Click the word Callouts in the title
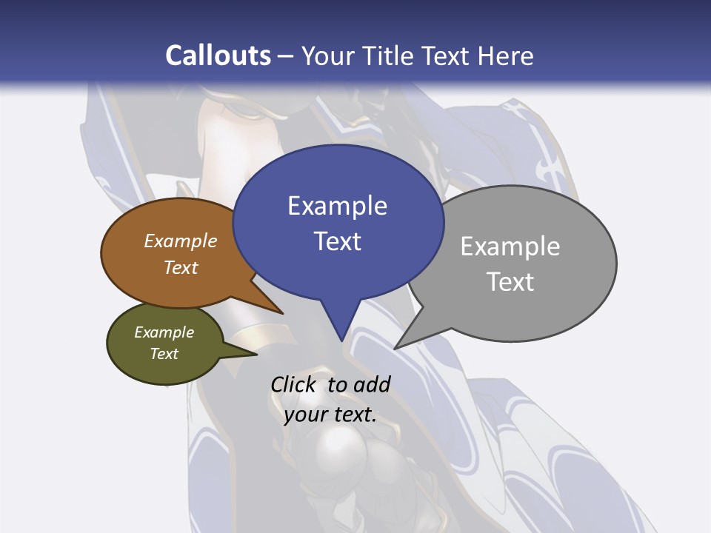[218, 56]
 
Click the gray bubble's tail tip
[395, 348]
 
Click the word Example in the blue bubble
[337, 206]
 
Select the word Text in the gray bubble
[510, 282]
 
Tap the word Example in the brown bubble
[180, 241]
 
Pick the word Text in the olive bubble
[164, 354]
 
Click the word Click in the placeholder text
[293, 384]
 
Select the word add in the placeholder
[372, 384]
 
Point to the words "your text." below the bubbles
[330, 415]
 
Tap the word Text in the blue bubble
[337, 241]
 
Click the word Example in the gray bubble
[510, 247]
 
